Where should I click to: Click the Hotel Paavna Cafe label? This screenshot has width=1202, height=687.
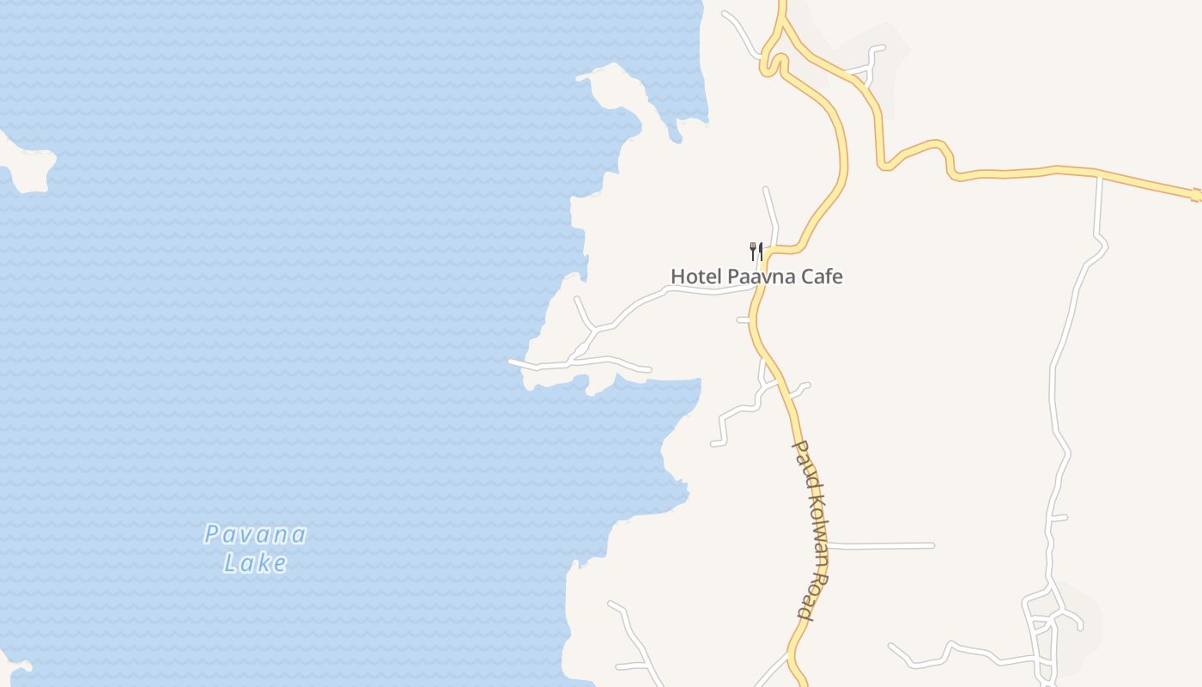click(756, 277)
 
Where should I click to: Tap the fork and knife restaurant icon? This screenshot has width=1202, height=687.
click(756, 252)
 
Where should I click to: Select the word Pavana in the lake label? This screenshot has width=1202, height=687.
click(255, 535)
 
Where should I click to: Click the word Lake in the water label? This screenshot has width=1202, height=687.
click(255, 563)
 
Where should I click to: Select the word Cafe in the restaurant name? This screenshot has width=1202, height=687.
click(819, 277)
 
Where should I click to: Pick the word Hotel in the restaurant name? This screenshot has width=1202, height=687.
click(696, 277)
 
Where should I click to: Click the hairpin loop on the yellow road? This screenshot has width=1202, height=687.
click(774, 64)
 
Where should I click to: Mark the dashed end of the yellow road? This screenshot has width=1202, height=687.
click(1196, 197)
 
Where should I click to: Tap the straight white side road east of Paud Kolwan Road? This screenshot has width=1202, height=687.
click(880, 545)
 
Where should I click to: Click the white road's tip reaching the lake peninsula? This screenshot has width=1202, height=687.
click(513, 362)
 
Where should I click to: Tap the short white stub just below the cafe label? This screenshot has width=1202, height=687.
click(744, 319)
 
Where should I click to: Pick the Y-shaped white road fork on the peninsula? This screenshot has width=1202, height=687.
click(591, 328)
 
